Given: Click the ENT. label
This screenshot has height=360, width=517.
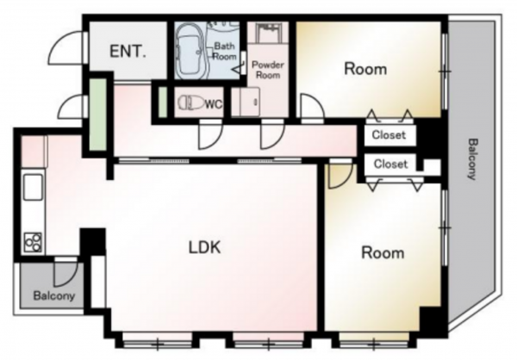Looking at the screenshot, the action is point(128,52).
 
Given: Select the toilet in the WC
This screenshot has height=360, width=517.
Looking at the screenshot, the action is point(191,102).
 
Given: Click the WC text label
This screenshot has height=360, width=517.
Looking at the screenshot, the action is point(214,104).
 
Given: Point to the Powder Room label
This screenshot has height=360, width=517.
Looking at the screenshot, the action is point(268,70).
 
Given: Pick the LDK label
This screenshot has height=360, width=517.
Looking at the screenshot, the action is point(204,247).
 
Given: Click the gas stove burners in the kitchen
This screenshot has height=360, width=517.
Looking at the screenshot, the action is point(33,242).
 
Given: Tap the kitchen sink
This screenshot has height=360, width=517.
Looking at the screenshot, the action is point(33,187).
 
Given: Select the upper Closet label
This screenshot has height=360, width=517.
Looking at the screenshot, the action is point(389,134).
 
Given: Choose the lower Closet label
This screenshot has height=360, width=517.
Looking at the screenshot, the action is point(390,164).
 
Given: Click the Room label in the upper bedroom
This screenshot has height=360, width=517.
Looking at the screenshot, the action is point(365,69).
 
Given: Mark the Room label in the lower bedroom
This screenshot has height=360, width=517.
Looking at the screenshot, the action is point(383,253).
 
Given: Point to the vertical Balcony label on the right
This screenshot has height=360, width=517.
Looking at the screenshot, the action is point(472,159).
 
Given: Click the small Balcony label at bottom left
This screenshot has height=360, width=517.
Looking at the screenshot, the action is point(54,295).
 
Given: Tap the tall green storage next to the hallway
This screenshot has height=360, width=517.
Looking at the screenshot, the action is point(98,115).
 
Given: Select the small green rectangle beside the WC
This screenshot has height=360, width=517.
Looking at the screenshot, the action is point(163,102).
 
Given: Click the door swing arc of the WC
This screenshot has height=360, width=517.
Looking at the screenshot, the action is point(210,136).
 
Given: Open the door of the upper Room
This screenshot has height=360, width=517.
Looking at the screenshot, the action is point(313,105).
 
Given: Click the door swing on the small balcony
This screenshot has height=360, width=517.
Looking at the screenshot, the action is point(66,274).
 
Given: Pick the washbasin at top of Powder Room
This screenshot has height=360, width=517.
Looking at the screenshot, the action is point(268,33).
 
